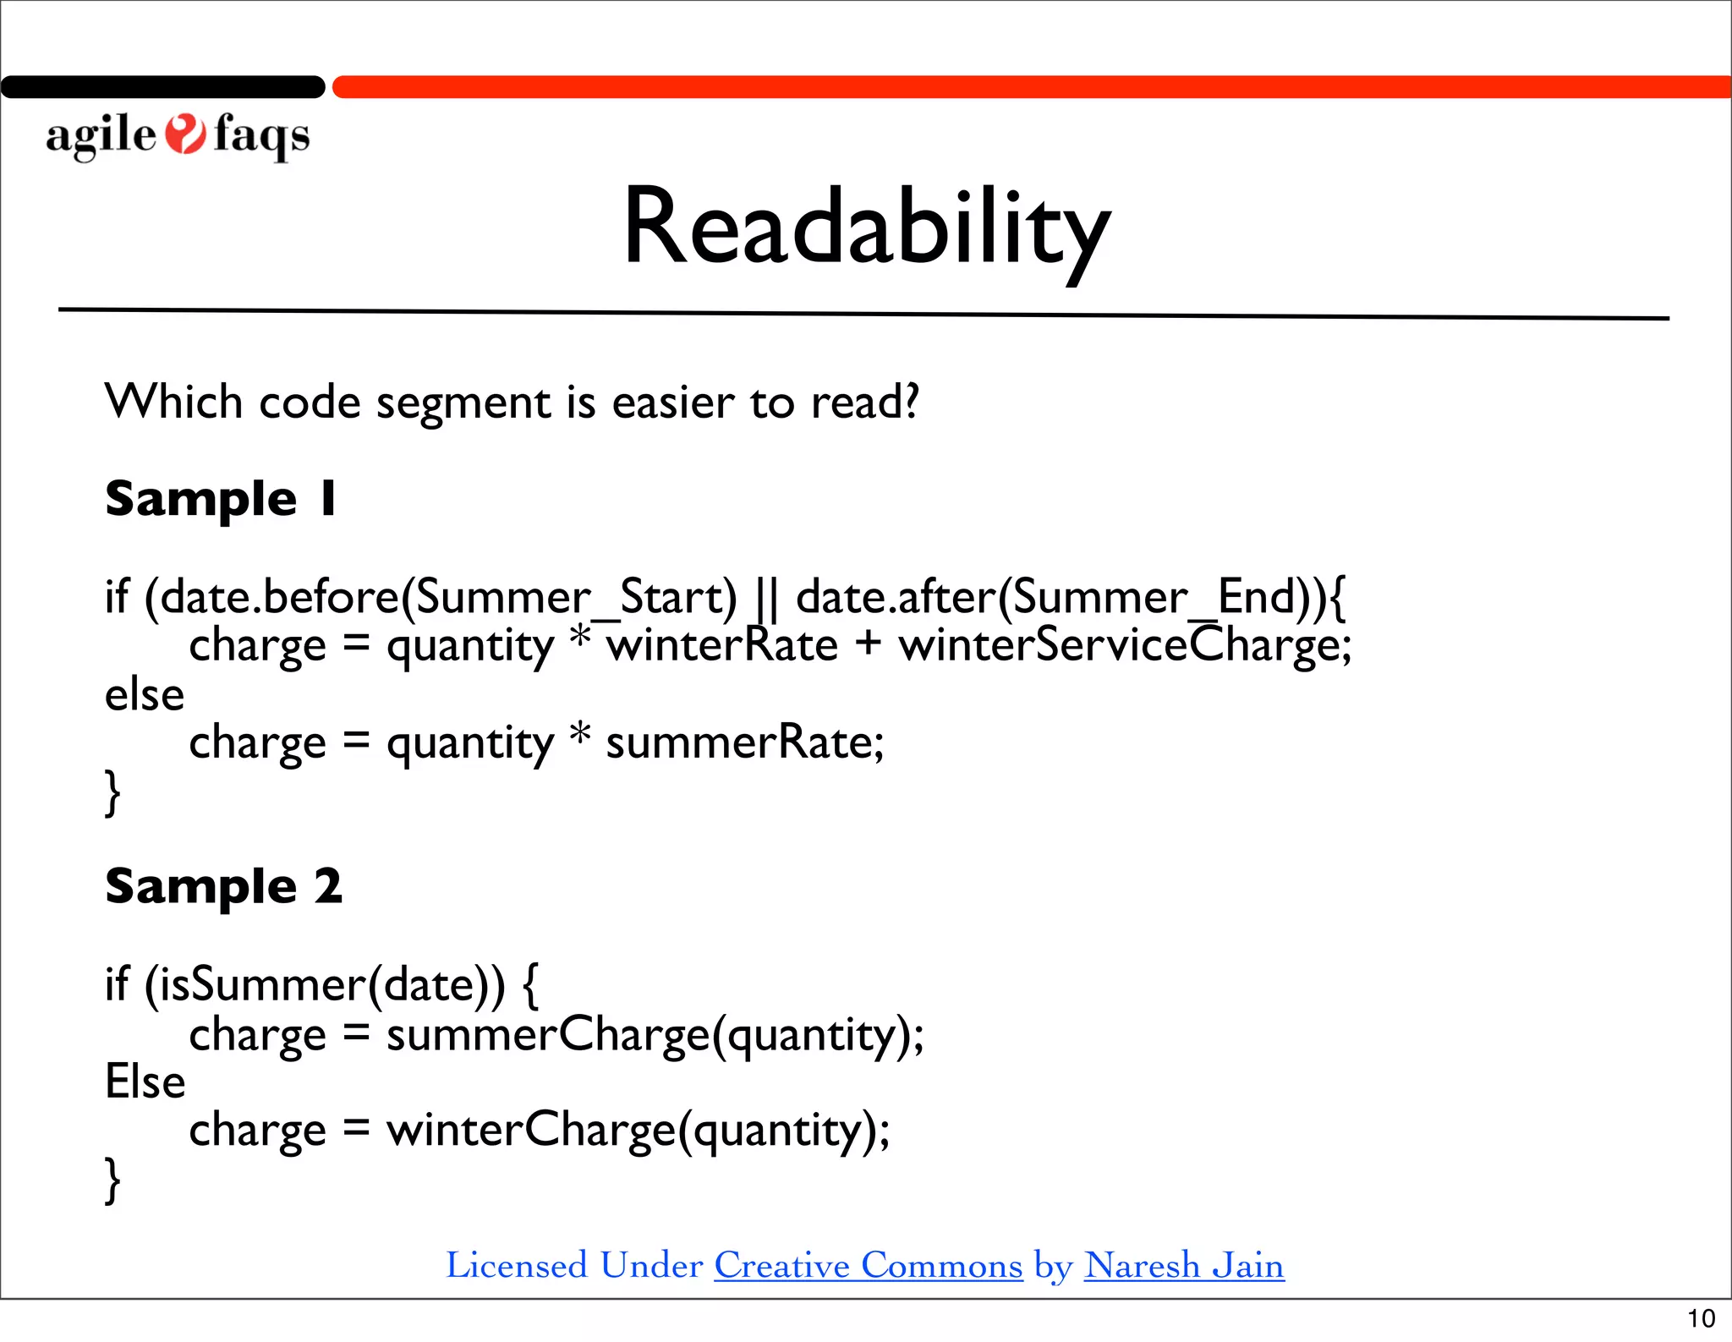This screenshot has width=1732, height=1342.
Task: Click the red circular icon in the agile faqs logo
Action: tap(184, 134)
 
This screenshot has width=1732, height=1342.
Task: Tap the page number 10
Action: tap(1701, 1318)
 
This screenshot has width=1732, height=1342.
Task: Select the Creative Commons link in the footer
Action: tap(868, 1265)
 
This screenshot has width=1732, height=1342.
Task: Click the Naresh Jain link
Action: tap(1183, 1265)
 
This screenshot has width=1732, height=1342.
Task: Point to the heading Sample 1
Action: tap(221, 498)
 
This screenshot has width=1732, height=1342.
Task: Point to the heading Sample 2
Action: tap(223, 886)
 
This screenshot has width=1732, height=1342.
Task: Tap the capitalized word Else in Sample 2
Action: tap(145, 1082)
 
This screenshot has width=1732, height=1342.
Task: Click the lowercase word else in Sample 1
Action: tap(144, 695)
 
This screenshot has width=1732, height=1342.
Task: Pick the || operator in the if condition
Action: tap(767, 597)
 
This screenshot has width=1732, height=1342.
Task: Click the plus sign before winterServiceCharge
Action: tap(868, 645)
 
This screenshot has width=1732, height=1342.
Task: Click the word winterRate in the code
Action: tap(721, 645)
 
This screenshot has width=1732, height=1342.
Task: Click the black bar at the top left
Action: tap(162, 87)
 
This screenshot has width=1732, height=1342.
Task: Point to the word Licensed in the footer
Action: tap(516, 1265)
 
